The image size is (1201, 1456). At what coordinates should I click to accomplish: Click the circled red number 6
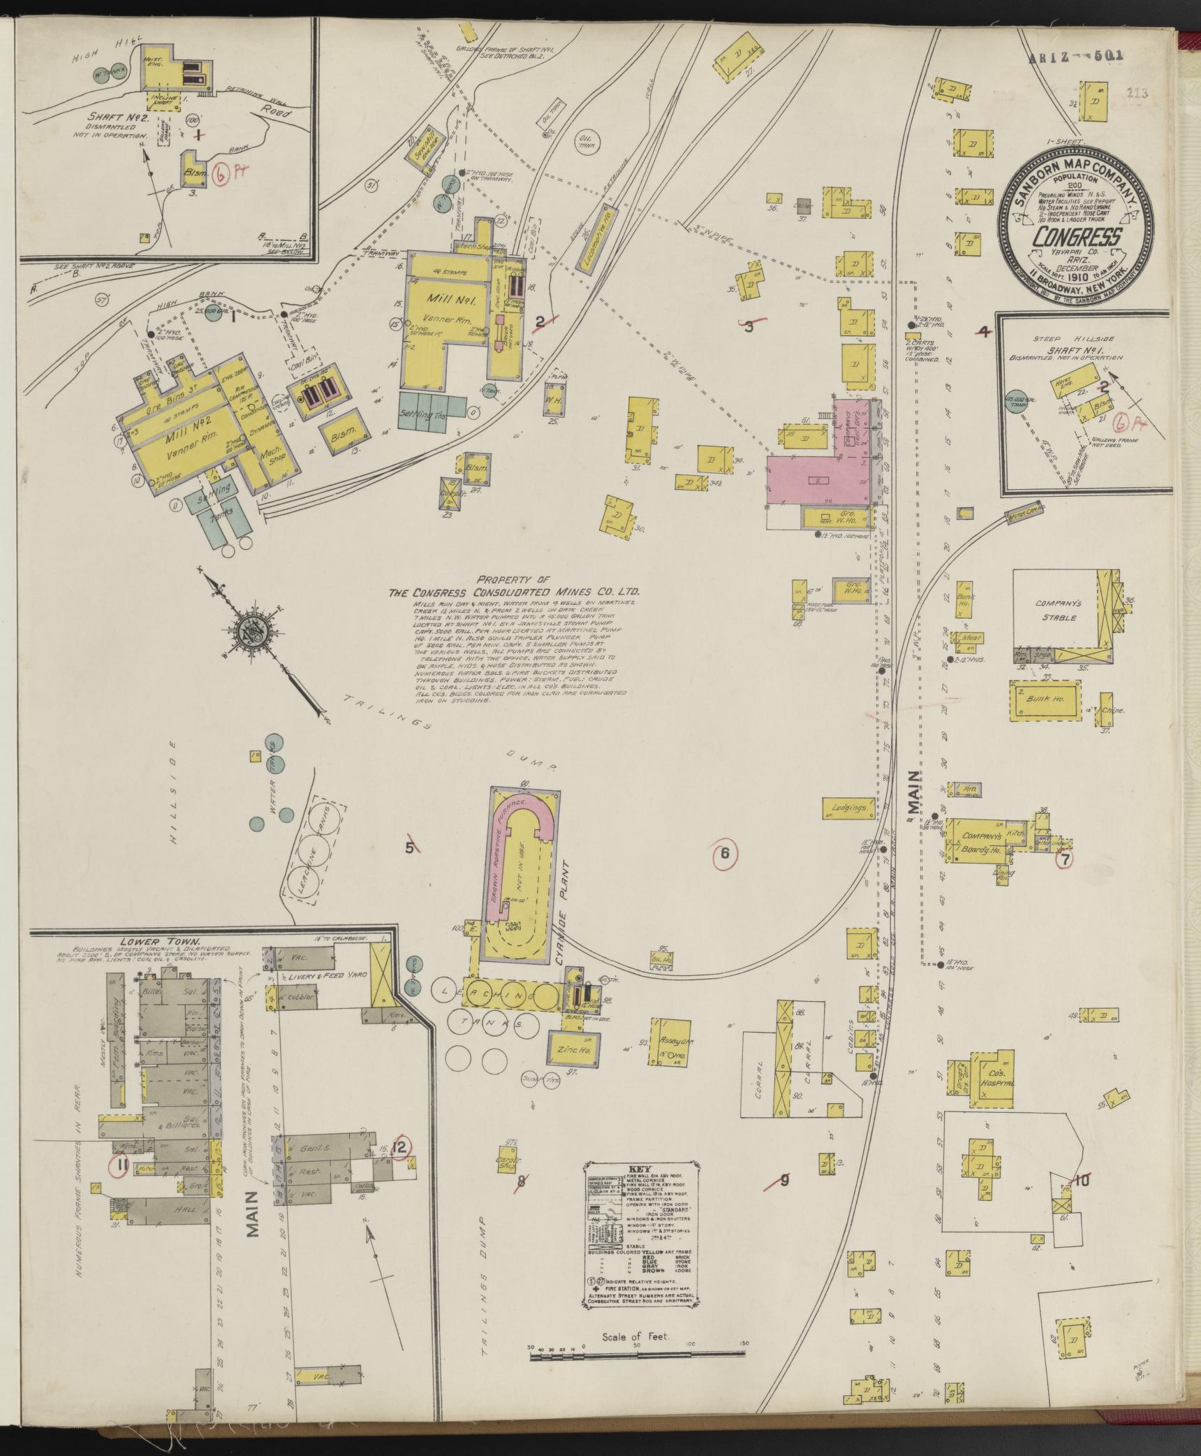point(725,852)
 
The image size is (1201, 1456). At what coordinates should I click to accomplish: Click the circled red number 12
point(400,1146)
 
